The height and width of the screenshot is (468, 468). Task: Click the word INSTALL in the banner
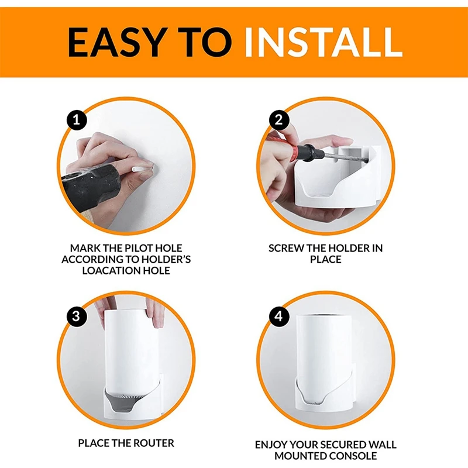click(x=324, y=42)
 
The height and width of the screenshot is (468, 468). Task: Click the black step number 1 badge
click(x=77, y=121)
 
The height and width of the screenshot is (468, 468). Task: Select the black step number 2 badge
click(x=279, y=121)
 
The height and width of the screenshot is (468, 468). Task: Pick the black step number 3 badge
click(x=77, y=315)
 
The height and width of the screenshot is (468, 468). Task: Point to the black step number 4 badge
click(x=279, y=315)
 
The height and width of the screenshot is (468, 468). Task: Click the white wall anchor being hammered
click(x=142, y=168)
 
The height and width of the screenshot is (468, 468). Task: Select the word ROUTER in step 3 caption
click(x=153, y=443)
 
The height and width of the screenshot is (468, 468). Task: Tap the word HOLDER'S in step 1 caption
click(x=166, y=259)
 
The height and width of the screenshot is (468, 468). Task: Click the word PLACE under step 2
click(x=326, y=259)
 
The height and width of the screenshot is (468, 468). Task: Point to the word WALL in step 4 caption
click(x=382, y=445)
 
